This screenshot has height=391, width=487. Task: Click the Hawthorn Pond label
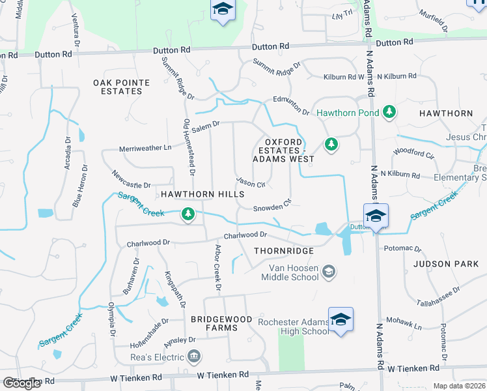[348, 113]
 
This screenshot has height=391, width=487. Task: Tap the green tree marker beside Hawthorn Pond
[389, 112]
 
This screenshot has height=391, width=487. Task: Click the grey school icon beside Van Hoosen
[329, 271]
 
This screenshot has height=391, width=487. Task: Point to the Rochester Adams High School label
[294, 326]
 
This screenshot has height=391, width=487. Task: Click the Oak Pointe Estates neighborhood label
[122, 87]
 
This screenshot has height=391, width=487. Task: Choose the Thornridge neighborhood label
[284, 251]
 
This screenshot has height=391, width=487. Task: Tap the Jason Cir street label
[251, 183]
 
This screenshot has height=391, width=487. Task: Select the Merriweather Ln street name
[145, 148]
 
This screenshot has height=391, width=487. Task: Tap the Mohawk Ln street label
[408, 325]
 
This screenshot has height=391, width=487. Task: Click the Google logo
[22, 383]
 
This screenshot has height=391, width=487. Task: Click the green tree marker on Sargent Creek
[188, 214]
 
